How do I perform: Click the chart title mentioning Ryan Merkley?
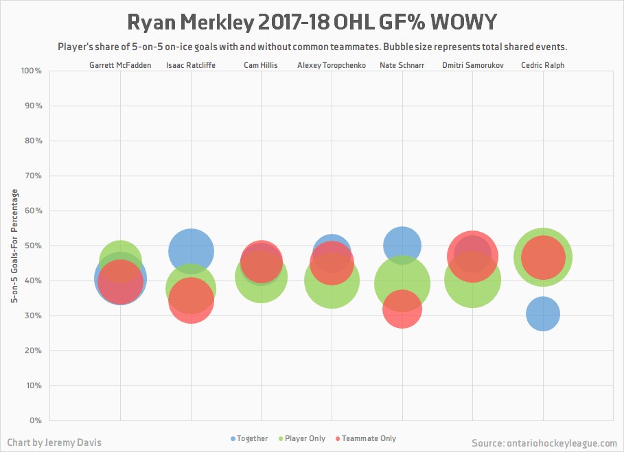(x=312, y=22)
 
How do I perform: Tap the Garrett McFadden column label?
(x=120, y=65)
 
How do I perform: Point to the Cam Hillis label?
(x=260, y=65)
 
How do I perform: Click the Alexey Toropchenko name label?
(x=331, y=65)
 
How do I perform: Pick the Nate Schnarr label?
(x=402, y=65)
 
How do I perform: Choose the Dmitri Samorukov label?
(x=472, y=65)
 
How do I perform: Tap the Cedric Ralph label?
(x=543, y=65)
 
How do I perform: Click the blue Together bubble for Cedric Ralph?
(x=543, y=313)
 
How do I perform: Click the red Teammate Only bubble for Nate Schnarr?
(x=402, y=309)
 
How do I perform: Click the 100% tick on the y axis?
(x=32, y=71)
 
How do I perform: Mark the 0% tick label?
(x=35, y=420)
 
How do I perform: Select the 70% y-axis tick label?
(x=34, y=176)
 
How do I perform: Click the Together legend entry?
(x=249, y=438)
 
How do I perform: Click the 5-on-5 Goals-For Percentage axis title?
(x=14, y=246)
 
